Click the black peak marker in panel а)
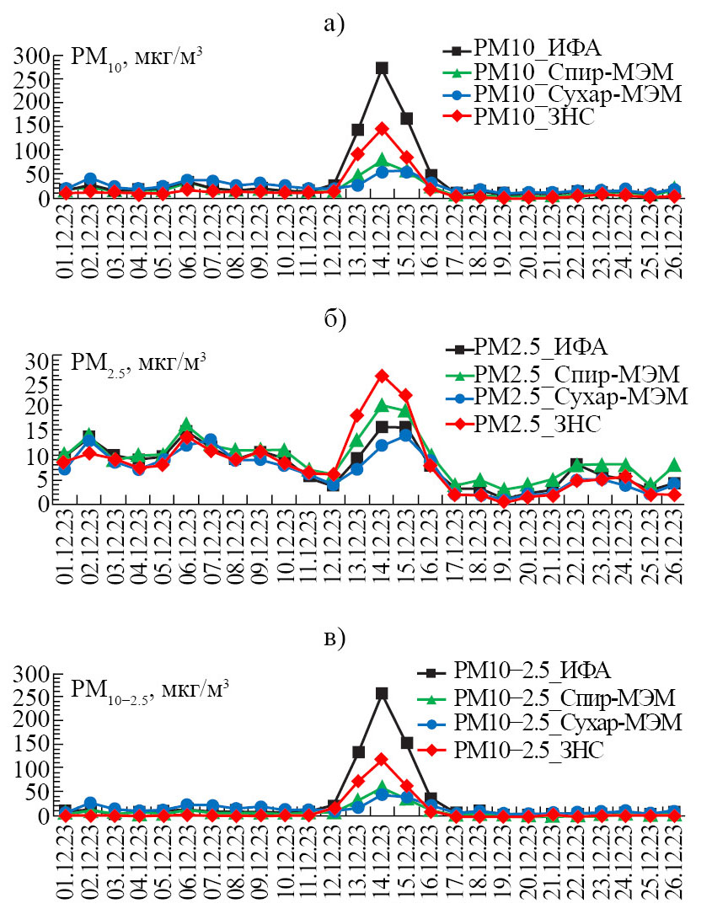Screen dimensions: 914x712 pyautogui.click(x=382, y=67)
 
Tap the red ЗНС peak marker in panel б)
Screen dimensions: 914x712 pyautogui.click(x=382, y=376)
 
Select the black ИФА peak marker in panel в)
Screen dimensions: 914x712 pyautogui.click(x=382, y=693)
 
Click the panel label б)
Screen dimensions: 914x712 pyautogui.click(x=335, y=319)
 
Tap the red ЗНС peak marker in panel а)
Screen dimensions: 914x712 pyautogui.click(x=382, y=129)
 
